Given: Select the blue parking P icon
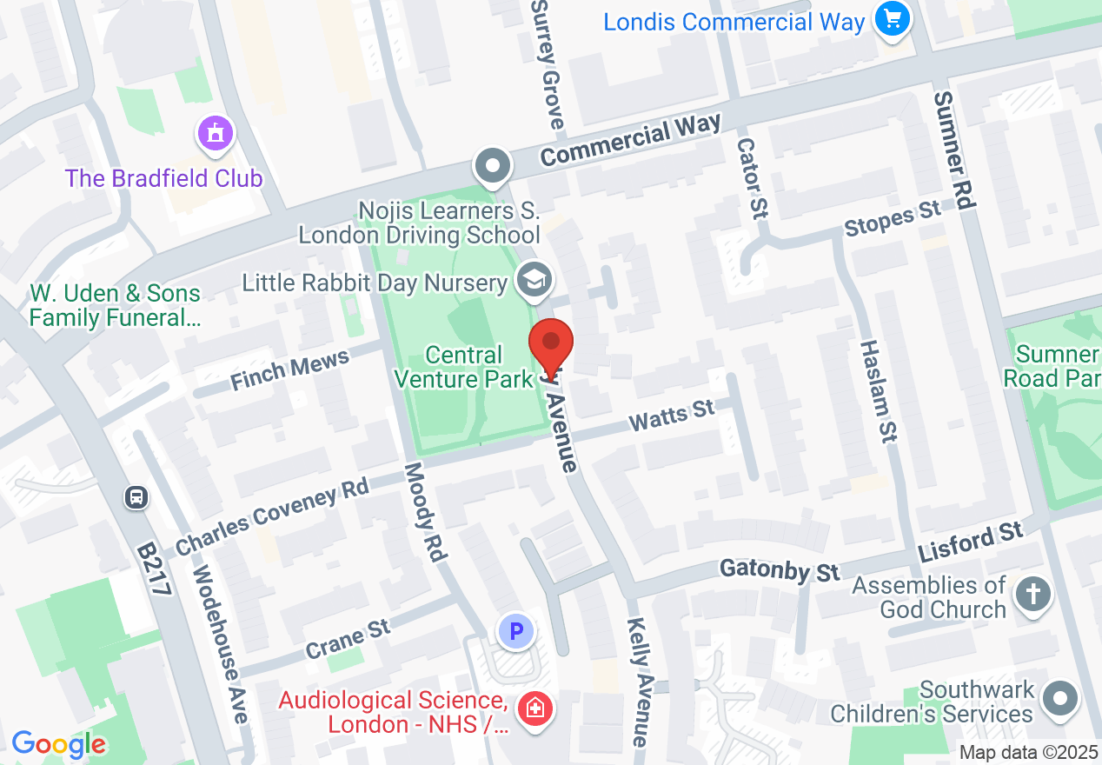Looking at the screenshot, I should [517, 631].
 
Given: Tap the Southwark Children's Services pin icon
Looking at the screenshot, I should [1059, 697].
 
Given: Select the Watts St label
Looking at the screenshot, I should [671, 415].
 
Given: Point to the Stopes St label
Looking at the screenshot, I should [893, 217].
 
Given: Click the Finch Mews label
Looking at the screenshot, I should [289, 370].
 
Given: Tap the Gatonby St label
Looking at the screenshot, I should [780, 570].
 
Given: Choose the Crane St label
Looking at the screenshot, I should [348, 638].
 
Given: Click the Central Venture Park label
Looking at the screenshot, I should [464, 367].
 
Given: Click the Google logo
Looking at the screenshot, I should [58, 744].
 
